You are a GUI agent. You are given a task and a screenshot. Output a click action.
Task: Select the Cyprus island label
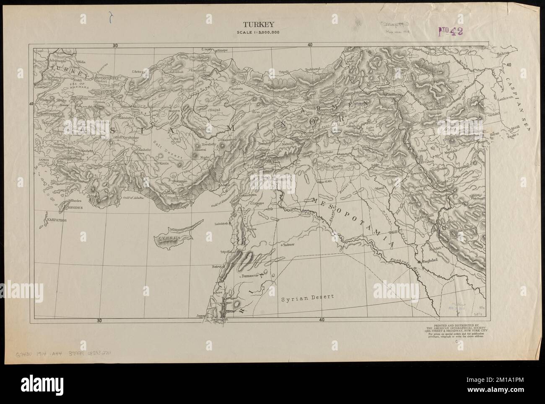pyautogui.click(x=169, y=237)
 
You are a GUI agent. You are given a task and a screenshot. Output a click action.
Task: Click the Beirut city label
pyautogui.click(x=217, y=266)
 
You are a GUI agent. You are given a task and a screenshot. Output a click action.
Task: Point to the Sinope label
pyautogui.click(x=222, y=50)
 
